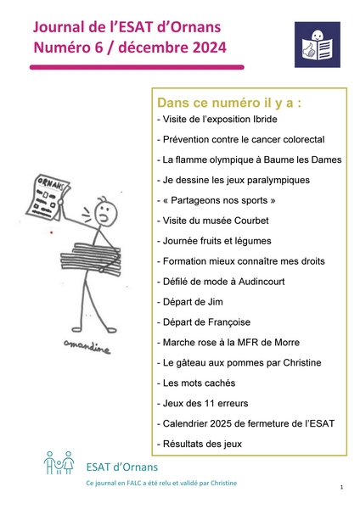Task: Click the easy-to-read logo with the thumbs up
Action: (x=317, y=44)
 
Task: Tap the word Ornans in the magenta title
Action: (x=195, y=27)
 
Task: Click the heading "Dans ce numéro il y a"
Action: (x=229, y=103)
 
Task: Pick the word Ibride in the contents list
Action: (x=265, y=119)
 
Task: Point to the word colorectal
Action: (x=304, y=139)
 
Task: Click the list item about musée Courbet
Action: (x=213, y=221)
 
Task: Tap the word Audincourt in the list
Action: (x=262, y=282)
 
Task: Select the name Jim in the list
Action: (x=216, y=302)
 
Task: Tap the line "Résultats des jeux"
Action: (x=200, y=444)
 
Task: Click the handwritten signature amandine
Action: (x=87, y=346)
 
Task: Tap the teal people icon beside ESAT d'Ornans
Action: (x=59, y=462)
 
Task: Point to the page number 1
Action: (x=341, y=487)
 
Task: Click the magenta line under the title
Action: (x=137, y=67)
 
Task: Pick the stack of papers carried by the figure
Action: (x=90, y=257)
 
